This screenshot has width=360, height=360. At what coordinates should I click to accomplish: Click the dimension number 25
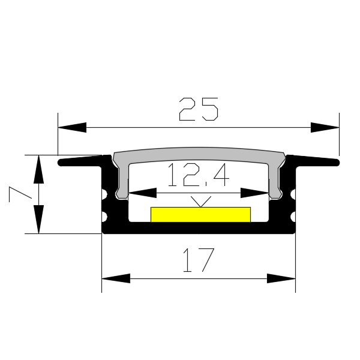199,109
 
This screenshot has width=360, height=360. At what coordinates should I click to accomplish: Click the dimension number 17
199,260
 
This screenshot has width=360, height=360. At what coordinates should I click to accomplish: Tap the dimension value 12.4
199,175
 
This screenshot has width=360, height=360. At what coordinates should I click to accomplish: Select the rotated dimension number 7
20,194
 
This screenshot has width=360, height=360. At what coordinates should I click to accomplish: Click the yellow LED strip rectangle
200,215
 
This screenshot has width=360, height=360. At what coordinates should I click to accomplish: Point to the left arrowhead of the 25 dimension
72,127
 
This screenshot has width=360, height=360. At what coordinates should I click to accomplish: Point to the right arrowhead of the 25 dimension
325,127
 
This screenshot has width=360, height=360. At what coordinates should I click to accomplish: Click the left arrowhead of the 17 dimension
116,278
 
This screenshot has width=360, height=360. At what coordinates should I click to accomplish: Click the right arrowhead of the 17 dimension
281,278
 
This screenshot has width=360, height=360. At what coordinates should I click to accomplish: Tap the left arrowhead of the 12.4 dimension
142,193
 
